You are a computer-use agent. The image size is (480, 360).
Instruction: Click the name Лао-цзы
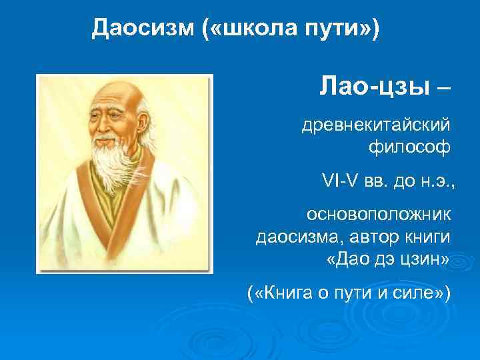tap(375, 87)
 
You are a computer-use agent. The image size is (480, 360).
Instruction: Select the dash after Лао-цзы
tap(442, 87)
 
